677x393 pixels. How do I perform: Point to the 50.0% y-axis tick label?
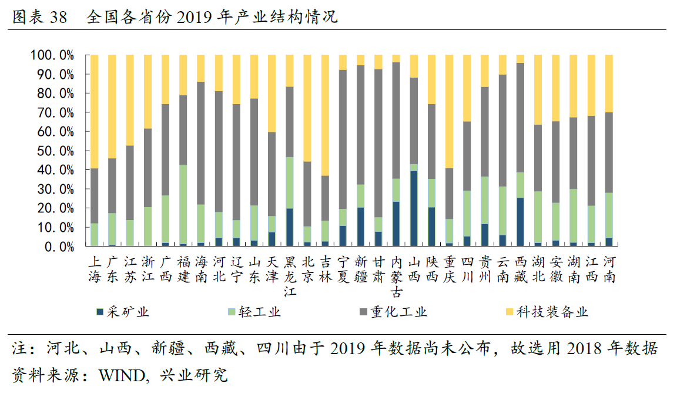pyautogui.click(x=52, y=151)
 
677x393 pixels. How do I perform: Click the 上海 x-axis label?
pyautogui.click(x=94, y=269)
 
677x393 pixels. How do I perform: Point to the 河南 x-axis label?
pyautogui.click(x=610, y=269)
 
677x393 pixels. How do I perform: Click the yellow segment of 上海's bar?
pyautogui.click(x=94, y=111)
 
